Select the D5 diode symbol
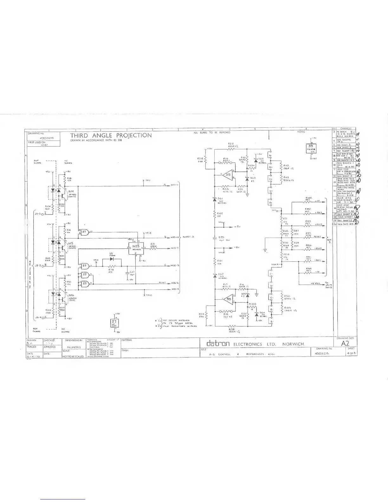click(111, 258)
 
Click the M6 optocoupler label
click(71, 295)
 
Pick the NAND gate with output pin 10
click(85, 232)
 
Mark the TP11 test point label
click(149, 181)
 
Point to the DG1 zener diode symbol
click(214, 199)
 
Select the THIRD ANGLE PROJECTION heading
click(111, 135)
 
